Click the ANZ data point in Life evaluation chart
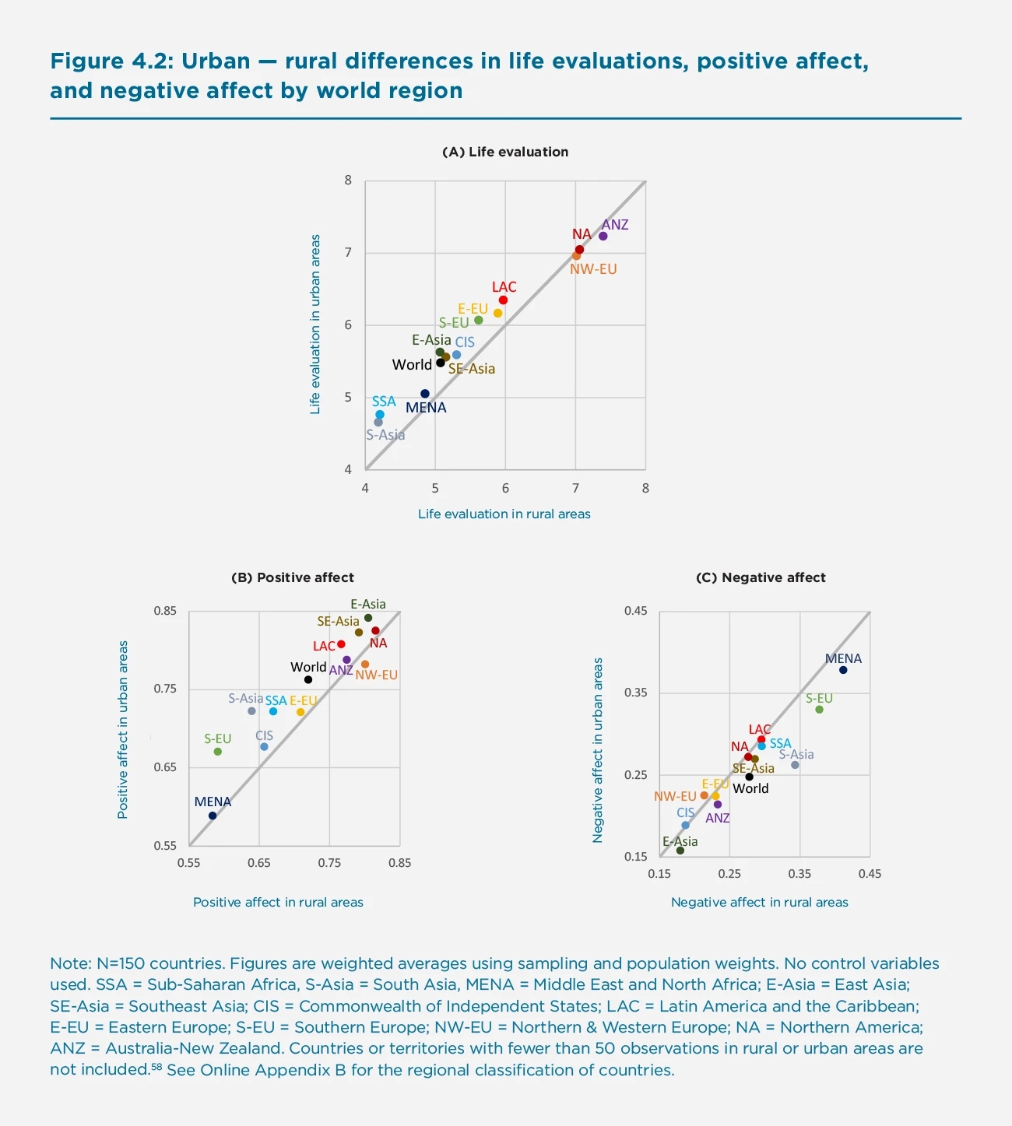[603, 236]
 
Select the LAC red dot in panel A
[503, 300]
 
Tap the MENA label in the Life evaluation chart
[426, 408]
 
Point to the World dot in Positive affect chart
[308, 679]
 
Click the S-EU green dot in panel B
[218, 751]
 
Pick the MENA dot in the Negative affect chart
[843, 670]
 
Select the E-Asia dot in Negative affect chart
[680, 851]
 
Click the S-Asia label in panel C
[796, 754]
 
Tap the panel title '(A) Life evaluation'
[505, 152]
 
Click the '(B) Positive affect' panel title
[293, 577]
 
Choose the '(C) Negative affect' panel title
[761, 577]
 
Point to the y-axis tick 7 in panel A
[348, 253]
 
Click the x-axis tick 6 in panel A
[505, 489]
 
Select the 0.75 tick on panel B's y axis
[165, 689]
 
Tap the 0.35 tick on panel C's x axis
[799, 874]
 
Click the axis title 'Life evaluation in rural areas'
[504, 514]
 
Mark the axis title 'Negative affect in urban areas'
[598, 750]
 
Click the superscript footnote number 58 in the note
[156, 1066]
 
